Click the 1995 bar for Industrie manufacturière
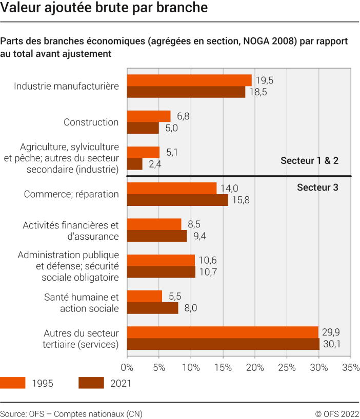point(189,80)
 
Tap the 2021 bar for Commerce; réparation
point(177,200)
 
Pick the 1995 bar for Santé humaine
point(144,296)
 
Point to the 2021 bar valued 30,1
point(223,344)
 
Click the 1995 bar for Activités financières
point(154,224)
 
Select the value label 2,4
point(154,164)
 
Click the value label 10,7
point(207,272)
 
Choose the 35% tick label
point(351,367)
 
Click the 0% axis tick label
point(127,367)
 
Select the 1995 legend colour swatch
point(12,383)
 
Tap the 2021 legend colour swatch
point(91,383)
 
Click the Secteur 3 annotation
point(317,187)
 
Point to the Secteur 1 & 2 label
point(309,161)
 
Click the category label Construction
point(91,122)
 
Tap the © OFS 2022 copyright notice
point(336,413)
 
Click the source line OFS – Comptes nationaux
point(71,413)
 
